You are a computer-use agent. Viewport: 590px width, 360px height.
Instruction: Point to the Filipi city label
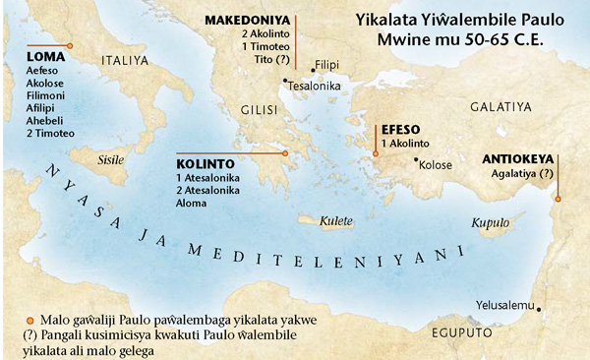point(325,65)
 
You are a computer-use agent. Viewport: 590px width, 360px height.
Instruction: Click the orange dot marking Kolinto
point(284,153)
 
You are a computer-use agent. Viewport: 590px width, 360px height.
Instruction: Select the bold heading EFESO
point(401,128)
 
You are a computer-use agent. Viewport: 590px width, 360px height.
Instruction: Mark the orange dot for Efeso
point(375,153)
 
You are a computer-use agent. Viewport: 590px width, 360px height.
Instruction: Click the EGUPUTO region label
point(460,333)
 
